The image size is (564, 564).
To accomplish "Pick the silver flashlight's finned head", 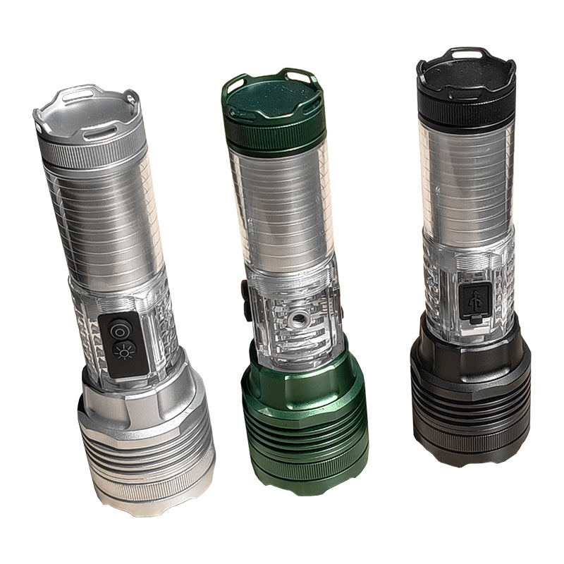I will (x=145, y=444).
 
